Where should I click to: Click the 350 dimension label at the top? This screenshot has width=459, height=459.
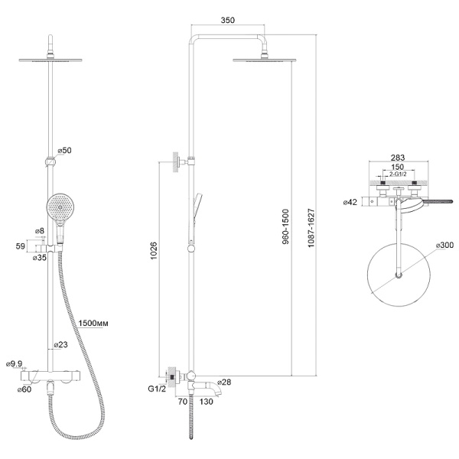pos(227,20)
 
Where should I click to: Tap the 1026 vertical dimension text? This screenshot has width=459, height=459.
pos(154,250)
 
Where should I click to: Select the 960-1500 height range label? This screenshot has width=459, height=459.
pos(285,226)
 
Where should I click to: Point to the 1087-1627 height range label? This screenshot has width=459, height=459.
pos(311,228)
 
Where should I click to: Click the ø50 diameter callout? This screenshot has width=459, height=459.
pos(64,150)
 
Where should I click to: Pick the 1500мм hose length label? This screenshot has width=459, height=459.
pos(93,323)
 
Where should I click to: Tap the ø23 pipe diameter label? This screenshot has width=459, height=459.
pos(61,344)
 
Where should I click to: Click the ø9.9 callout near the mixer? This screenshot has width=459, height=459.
pos(14,363)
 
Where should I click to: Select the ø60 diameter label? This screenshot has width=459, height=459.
pos(24,389)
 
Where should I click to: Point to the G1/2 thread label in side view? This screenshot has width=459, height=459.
pos(157,389)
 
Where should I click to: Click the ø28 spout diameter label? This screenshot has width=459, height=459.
pos(224,382)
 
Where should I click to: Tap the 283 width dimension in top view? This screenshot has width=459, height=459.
pos(398,158)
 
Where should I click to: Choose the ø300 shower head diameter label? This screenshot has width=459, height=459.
pos(444,245)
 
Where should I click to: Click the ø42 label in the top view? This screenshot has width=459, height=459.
pos(350,202)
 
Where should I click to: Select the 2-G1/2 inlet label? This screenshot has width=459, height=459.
pos(398,174)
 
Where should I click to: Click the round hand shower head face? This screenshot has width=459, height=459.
pos(60,207)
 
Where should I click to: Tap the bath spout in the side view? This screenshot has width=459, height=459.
pos(208,387)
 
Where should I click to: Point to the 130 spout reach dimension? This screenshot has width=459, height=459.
pos(207,402)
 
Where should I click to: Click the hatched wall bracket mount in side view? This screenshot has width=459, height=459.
pos(175,162)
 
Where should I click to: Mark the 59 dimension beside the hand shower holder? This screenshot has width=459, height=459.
pos(20,246)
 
